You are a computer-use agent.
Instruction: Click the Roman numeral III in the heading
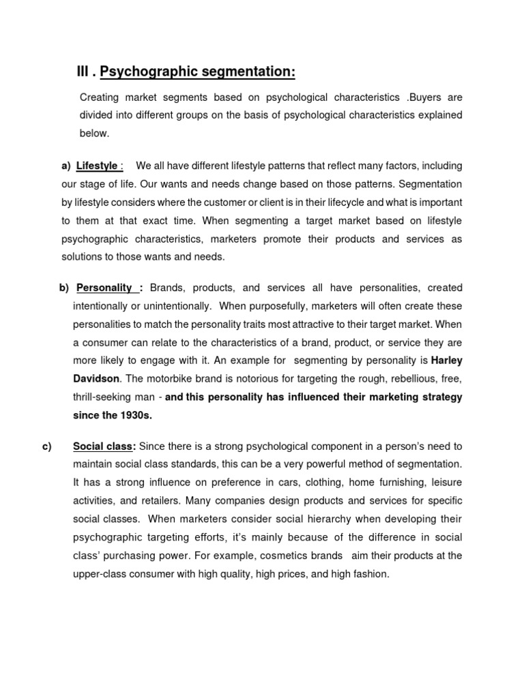84,72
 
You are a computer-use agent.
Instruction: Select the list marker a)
66,166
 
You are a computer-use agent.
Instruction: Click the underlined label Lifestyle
97,166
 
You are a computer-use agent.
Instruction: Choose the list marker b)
65,287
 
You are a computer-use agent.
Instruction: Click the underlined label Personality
105,287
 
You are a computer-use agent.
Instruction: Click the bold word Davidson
98,378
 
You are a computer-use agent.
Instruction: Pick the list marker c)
47,446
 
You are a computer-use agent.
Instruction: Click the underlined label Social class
103,446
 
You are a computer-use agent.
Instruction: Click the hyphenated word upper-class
100,574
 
